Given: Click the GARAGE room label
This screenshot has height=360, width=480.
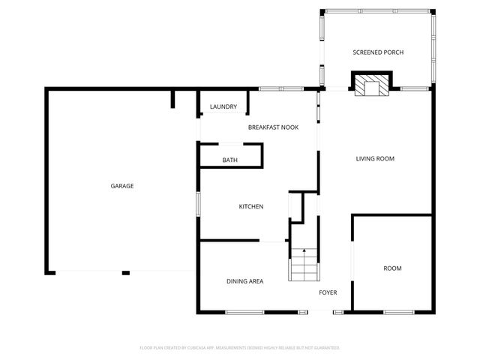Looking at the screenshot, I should pyautogui.click(x=122, y=186).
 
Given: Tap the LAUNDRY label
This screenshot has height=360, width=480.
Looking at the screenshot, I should pyautogui.click(x=223, y=106).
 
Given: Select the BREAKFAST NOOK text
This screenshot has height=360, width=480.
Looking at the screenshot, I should pyautogui.click(x=273, y=127).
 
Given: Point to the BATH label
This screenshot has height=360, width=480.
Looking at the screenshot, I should pyautogui.click(x=229, y=160).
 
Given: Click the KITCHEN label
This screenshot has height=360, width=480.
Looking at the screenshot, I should pyautogui.click(x=250, y=207).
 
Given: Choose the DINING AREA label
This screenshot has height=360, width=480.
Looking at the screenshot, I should pyautogui.click(x=244, y=281).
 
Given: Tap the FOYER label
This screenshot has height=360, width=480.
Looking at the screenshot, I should pyautogui.click(x=328, y=292).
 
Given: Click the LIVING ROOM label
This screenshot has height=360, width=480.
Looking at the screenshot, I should pyautogui.click(x=374, y=159).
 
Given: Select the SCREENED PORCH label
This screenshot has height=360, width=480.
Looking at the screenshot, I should pyautogui.click(x=378, y=52).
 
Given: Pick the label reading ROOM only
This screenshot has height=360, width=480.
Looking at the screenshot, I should pyautogui.click(x=392, y=268).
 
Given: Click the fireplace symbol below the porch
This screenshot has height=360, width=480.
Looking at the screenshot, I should pyautogui.click(x=372, y=85).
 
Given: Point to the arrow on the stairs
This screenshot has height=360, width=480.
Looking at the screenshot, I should pyautogui.click(x=304, y=251).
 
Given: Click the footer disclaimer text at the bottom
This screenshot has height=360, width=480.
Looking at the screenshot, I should pyautogui.click(x=240, y=347).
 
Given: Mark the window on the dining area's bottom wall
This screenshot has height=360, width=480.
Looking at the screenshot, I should pyautogui.click(x=244, y=311).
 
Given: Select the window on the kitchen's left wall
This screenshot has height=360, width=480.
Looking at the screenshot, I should pyautogui.click(x=198, y=203).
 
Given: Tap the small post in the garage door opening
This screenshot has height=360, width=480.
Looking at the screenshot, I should pyautogui.click(x=125, y=272).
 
